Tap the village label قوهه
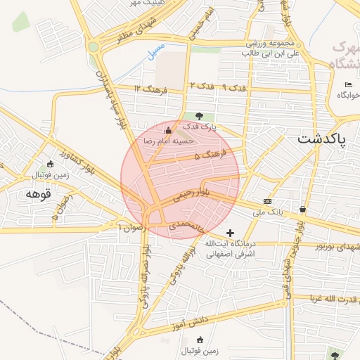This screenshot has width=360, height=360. [39, 193]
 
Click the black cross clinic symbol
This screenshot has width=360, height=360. [230, 232]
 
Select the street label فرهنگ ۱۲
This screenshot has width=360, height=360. [153, 89]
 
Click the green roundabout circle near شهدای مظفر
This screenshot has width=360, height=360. [94, 47]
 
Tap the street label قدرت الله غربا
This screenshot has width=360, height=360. [330, 297]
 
